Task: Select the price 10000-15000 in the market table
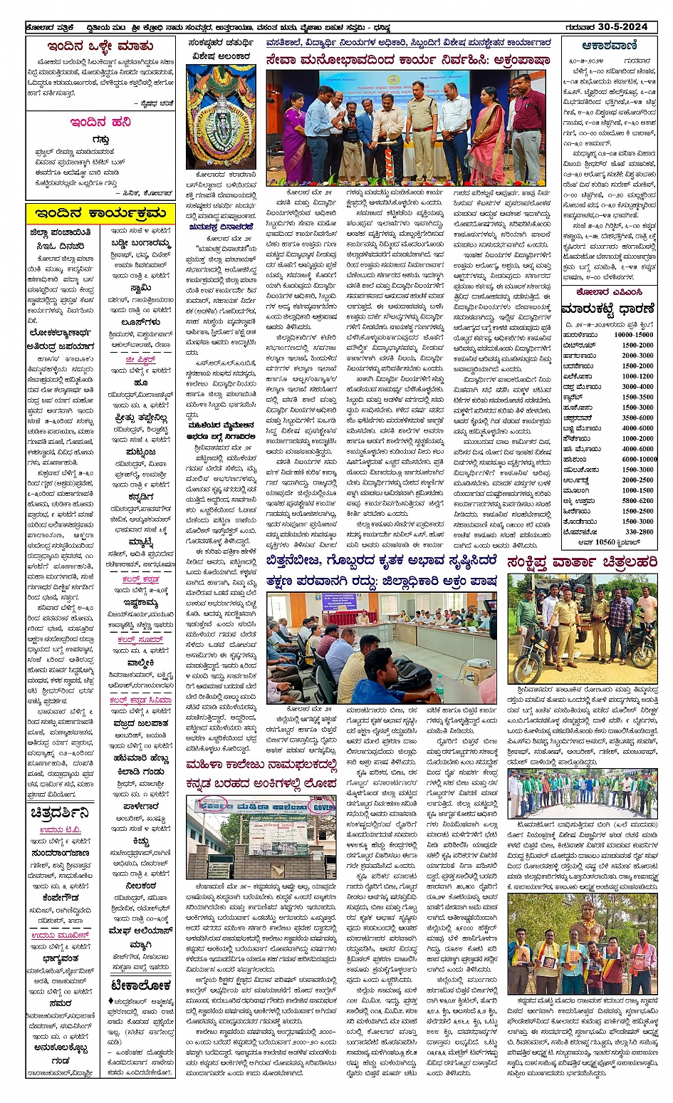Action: tap(633, 334)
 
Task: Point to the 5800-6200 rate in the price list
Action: tap(637, 500)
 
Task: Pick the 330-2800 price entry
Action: tap(638, 532)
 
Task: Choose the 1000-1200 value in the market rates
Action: tap(637, 376)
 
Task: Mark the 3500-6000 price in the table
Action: tap(637, 418)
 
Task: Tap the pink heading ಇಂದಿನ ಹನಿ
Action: tap(100, 122)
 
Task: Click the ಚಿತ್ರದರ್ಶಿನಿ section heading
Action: tap(61, 813)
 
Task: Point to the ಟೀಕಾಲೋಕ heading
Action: tap(140, 985)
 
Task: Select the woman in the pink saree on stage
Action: tap(486, 135)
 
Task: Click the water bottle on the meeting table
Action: tap(439, 686)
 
